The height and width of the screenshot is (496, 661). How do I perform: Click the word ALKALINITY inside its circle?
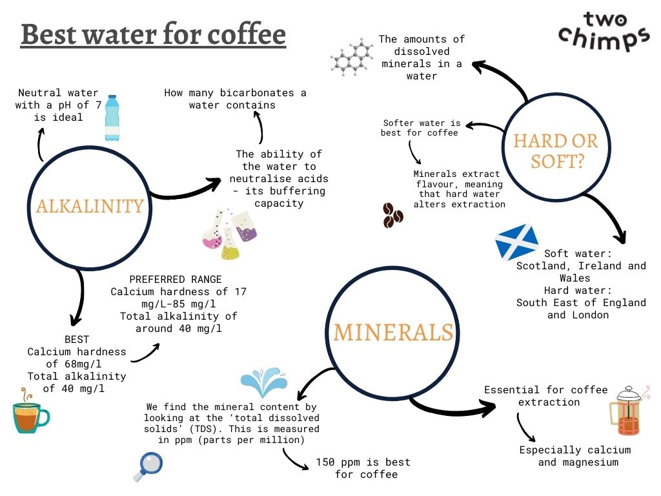[90, 205]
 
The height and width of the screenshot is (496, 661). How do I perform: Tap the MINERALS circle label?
[393, 332]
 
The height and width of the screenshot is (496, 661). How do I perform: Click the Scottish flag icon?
[516, 242]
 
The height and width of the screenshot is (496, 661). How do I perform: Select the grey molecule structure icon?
[352, 57]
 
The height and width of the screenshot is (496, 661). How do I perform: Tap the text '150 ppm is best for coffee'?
[363, 468]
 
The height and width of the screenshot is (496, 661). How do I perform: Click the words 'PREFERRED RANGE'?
[176, 280]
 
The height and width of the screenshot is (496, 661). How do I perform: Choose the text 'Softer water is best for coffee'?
[422, 128]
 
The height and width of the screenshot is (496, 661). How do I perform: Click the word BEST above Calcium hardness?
[77, 339]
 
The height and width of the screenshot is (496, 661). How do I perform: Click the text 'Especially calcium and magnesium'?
[575, 456]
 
